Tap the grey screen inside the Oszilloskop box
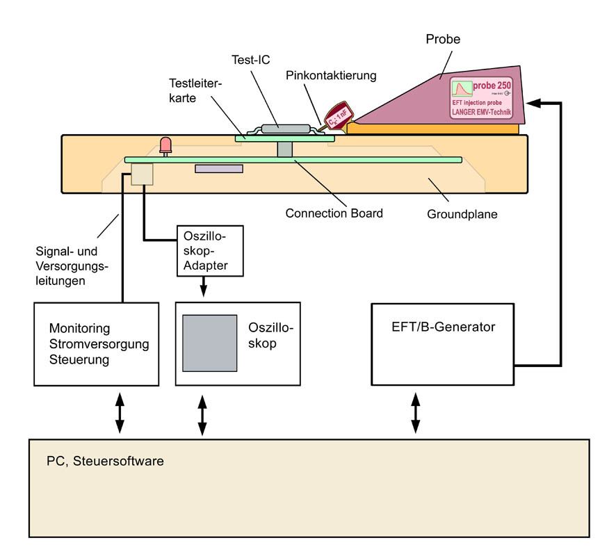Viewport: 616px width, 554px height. (x=209, y=343)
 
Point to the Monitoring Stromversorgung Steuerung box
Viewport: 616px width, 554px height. (x=98, y=343)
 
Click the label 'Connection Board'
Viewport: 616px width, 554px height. (x=334, y=213)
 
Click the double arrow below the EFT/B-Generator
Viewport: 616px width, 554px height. (x=416, y=412)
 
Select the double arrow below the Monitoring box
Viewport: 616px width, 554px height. (x=119, y=412)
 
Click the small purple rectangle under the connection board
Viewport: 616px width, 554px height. (x=219, y=169)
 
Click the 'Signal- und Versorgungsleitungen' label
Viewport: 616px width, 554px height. (x=67, y=264)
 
